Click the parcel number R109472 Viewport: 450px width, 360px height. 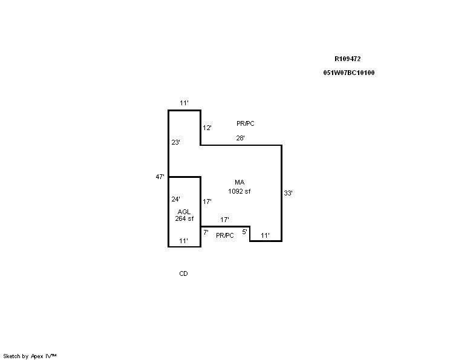pos(348,59)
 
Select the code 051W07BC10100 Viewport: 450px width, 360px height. pos(349,73)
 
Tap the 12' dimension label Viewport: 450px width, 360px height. pos(207,128)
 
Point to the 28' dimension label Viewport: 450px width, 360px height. pos(240,138)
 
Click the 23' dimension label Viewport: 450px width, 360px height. pos(175,142)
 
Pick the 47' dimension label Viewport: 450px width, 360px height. pos(160,177)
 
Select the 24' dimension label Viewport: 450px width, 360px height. pos(175,199)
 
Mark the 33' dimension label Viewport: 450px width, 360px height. pos(288,193)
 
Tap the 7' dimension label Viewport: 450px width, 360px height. pos(206,232)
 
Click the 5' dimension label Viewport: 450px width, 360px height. pos(244,232)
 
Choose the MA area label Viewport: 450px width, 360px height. pos(240,182)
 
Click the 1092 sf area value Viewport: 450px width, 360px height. pos(240,191)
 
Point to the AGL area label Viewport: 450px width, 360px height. pos(184,212)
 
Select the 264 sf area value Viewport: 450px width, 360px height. pos(184,218)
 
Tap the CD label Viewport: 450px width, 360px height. pos(183,273)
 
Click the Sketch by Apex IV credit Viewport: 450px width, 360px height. pos(30,356)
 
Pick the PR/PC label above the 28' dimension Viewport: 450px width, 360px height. pos(246,123)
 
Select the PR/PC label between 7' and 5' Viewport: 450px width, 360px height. pos(225,235)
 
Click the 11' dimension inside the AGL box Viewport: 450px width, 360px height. pos(183,241)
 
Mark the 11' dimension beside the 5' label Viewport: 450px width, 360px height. pos(265,235)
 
